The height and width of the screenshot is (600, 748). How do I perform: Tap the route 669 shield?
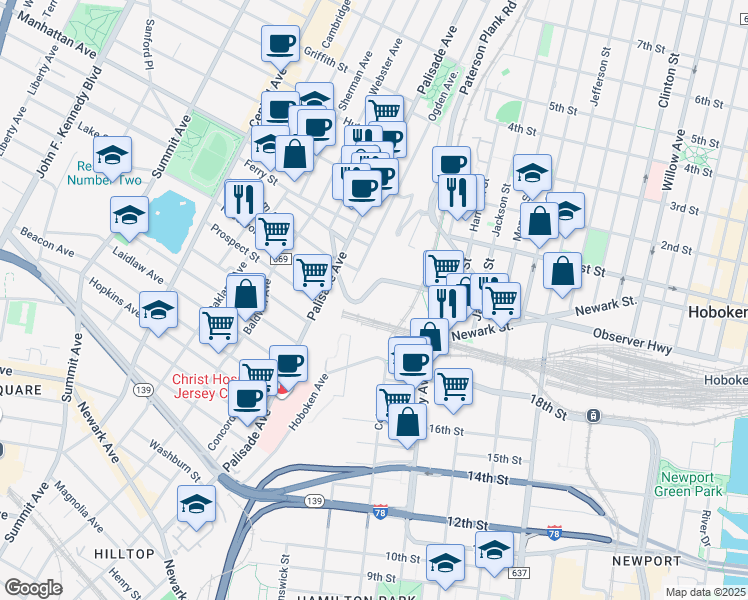[x=281, y=259]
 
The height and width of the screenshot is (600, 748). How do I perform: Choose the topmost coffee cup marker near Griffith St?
[x=280, y=43]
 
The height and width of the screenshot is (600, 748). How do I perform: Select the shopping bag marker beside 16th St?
[x=407, y=423]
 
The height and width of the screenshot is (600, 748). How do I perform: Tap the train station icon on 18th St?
[x=593, y=415]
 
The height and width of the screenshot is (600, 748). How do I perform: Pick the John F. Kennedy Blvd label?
[x=59, y=133]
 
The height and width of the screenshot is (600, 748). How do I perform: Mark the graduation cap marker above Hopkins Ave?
[x=158, y=310]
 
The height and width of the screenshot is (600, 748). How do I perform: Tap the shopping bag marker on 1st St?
[x=563, y=271]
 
